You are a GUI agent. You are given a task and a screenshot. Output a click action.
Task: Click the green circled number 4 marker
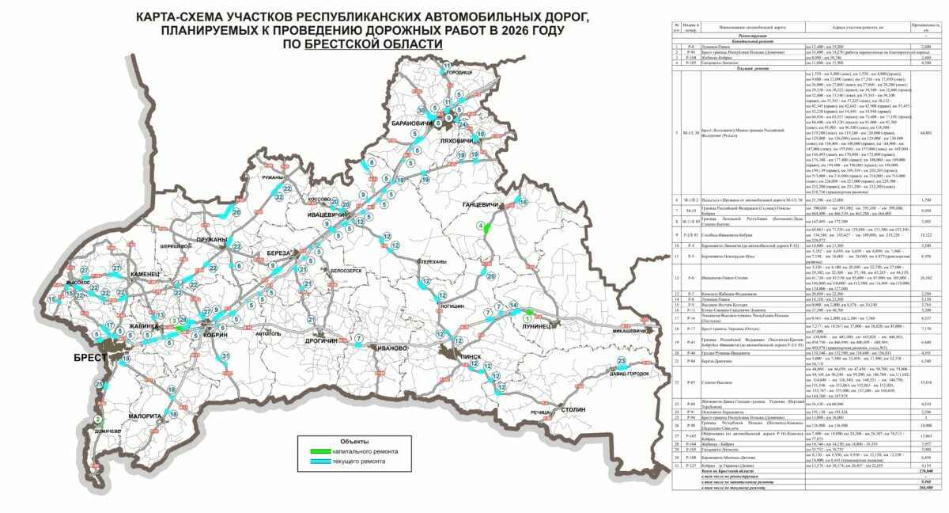pos(479,226)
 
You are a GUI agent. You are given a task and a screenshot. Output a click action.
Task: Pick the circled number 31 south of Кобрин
pos(225,356)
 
